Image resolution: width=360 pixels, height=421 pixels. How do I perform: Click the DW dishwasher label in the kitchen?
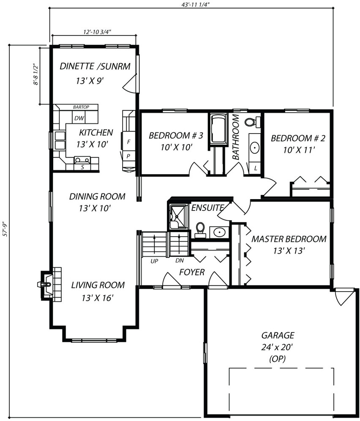click(x=79, y=118)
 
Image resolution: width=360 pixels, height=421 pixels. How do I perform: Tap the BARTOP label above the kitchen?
click(x=81, y=107)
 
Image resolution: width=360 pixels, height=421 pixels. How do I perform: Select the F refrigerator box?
click(x=128, y=141)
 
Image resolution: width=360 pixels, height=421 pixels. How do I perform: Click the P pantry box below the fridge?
click(x=128, y=156)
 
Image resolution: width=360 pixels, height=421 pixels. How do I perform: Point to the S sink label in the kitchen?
click(x=82, y=167)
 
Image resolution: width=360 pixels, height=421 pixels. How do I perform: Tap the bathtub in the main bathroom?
click(x=218, y=129)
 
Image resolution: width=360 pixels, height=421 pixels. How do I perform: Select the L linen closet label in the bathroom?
click(x=256, y=168)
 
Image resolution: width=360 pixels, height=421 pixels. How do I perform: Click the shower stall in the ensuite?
click(x=178, y=217)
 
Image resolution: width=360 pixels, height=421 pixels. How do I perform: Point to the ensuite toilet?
click(x=200, y=230)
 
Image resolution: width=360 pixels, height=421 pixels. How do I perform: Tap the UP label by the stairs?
click(x=154, y=261)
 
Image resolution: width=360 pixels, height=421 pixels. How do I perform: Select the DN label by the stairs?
click(x=180, y=260)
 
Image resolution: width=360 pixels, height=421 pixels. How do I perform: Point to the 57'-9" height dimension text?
click(x=5, y=229)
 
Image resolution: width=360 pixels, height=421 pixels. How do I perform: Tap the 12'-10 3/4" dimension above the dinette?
click(x=97, y=32)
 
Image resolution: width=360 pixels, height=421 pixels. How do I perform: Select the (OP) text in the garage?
click(x=277, y=359)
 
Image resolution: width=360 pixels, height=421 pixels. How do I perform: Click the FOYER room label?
click(x=192, y=272)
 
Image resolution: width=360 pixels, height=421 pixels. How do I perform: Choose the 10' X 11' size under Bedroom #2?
click(x=299, y=150)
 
